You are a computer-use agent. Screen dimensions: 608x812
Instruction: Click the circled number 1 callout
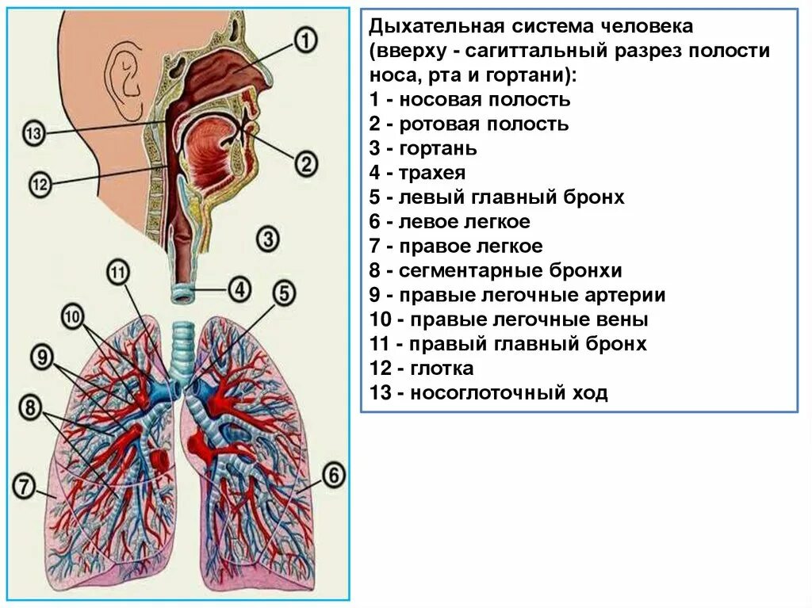tap(306, 39)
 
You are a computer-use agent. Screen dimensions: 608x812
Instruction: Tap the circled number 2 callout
tap(305, 164)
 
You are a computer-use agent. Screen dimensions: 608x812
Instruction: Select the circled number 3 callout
tap(269, 238)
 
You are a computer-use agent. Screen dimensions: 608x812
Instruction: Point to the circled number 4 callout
tap(239, 289)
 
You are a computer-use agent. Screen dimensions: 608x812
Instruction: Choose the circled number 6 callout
tap(334, 476)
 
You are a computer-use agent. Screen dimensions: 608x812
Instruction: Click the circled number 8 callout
tap(31, 409)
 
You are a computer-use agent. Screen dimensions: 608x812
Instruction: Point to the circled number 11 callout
tap(117, 274)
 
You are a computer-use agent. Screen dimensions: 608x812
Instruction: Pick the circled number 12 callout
tap(40, 185)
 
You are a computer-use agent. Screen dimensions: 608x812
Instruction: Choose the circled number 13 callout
tap(33, 133)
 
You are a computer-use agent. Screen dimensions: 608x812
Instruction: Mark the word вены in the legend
tap(626, 319)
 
